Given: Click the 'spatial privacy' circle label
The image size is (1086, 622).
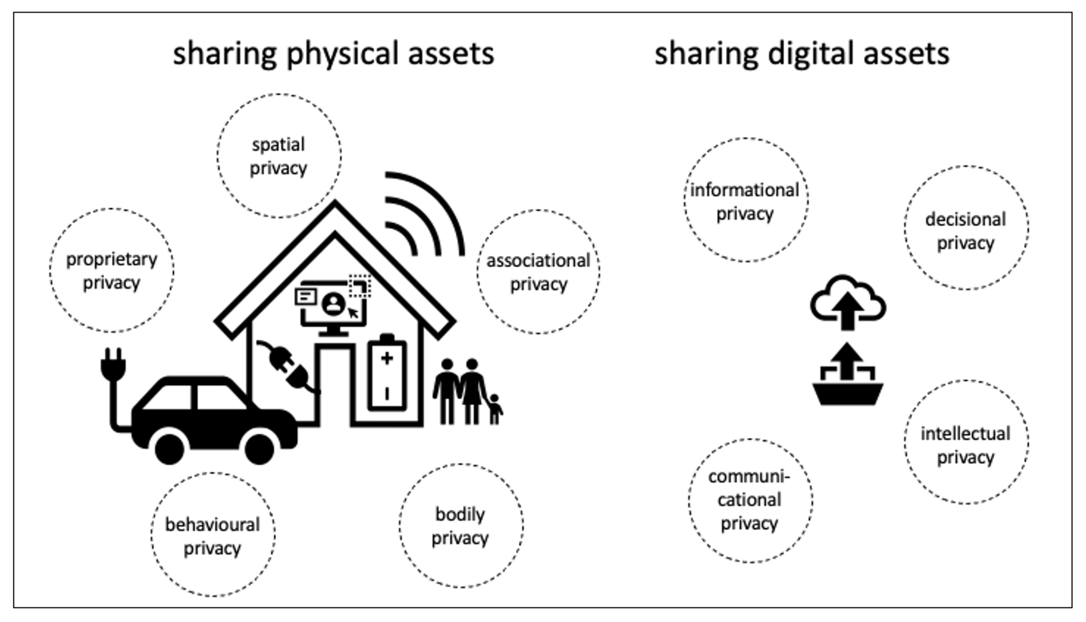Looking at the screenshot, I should click(x=278, y=156).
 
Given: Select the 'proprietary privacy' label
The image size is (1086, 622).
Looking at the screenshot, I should click(x=112, y=271).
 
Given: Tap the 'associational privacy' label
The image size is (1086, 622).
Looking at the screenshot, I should click(x=538, y=272).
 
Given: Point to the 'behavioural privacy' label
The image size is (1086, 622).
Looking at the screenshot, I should click(x=213, y=536).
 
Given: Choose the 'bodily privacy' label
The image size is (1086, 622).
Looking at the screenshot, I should click(x=460, y=526).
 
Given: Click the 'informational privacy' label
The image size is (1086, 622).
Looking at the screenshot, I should click(x=745, y=202).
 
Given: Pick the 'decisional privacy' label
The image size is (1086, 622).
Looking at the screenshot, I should click(x=966, y=231).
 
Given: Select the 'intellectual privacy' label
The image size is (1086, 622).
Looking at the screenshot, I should click(x=966, y=445).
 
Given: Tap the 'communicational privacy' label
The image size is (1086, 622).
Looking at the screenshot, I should click(x=749, y=500).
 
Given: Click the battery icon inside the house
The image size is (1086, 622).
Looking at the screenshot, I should click(x=387, y=373).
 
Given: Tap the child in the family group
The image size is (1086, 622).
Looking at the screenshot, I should click(x=495, y=409).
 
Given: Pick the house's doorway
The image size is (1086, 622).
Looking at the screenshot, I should click(x=335, y=384).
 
